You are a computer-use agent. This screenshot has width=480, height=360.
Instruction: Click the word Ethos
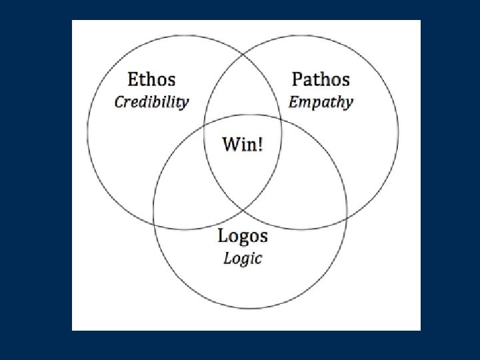coord(151,80)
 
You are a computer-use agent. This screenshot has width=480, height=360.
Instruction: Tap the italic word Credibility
coord(151,102)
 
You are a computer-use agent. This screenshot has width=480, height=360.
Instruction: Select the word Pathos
coord(321,80)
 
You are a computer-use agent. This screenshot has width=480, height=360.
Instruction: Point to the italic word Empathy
coord(321,103)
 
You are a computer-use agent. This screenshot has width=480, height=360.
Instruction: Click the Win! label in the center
coord(242,143)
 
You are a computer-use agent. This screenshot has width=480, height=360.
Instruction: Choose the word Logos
coord(243,236)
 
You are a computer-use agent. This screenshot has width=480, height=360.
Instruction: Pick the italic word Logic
coord(243,258)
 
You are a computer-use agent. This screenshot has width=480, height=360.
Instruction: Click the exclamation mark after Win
coord(260,143)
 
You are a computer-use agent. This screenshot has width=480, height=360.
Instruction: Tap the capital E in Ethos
coord(133,80)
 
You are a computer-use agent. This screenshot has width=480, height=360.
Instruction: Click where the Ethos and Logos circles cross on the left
coord(154,211)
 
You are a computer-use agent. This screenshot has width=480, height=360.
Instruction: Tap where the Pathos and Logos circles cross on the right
coord(347,215)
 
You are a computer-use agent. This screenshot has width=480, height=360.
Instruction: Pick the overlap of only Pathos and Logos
coord(303,190)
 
